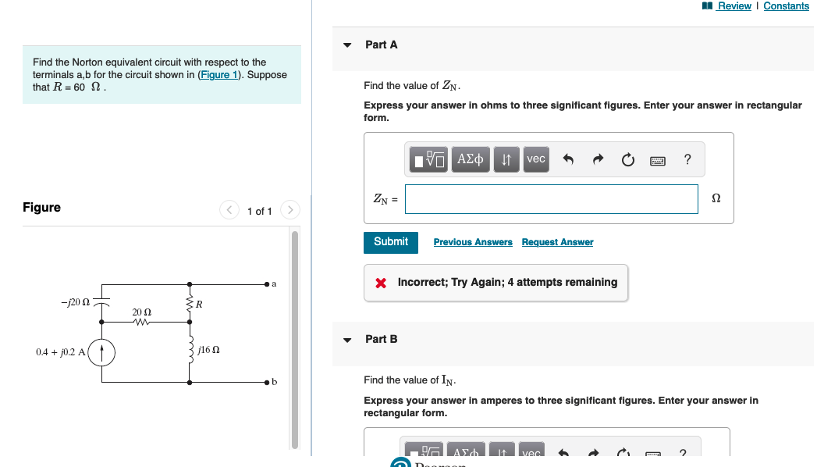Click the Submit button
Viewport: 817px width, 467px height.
click(391, 242)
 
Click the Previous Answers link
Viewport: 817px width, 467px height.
click(473, 242)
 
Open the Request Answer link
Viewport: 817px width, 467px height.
click(557, 242)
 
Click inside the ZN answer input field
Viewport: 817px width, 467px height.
click(551, 199)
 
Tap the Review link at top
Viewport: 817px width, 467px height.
click(734, 6)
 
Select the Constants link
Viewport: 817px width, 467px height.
click(786, 6)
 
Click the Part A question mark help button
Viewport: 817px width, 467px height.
click(687, 159)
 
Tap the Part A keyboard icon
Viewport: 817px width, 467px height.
click(658, 160)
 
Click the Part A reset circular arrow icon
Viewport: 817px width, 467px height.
click(628, 160)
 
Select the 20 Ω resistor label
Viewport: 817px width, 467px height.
click(141, 312)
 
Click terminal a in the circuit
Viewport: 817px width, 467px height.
click(267, 283)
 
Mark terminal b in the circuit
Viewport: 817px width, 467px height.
click(267, 383)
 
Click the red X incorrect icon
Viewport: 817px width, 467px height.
click(381, 283)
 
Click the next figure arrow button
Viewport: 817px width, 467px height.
click(290, 210)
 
